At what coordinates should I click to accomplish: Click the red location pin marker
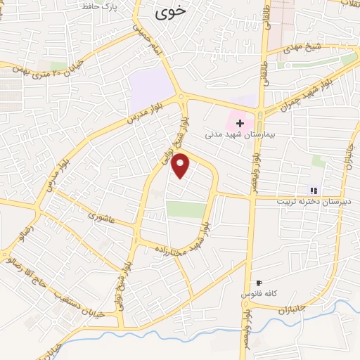(x=181, y=165)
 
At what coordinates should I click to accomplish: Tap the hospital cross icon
(x=240, y=122)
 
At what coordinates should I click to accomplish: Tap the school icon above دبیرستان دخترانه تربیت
(x=313, y=190)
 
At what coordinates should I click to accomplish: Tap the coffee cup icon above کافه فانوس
(x=259, y=282)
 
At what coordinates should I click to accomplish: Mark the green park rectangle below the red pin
(x=186, y=210)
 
